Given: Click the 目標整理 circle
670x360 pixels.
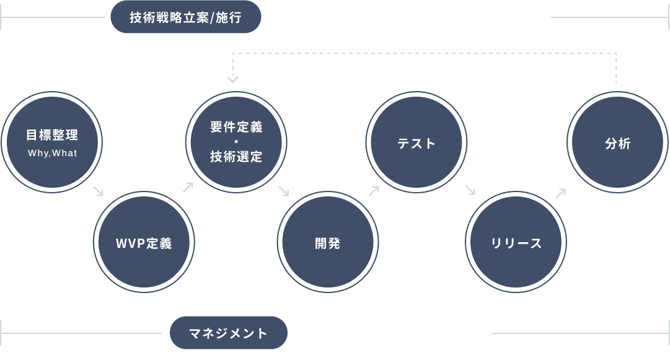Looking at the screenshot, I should (x=52, y=142).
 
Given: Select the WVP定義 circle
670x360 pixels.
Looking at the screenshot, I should (x=144, y=242).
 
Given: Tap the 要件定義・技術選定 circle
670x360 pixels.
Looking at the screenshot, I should (x=236, y=142).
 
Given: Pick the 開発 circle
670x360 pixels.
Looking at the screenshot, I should (x=327, y=242).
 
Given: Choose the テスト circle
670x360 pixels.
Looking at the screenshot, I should (x=416, y=143).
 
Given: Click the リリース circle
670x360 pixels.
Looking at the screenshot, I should (x=516, y=242).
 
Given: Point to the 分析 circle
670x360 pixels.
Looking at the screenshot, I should (x=617, y=143).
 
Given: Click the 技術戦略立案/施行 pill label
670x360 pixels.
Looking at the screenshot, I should (x=186, y=17).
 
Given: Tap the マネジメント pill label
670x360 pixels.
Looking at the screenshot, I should (x=229, y=333).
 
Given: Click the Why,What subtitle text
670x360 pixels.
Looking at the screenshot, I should (x=53, y=153).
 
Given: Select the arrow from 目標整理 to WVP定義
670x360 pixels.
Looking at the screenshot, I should (x=99, y=191).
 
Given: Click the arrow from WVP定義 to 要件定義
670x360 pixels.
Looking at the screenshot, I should (x=188, y=187).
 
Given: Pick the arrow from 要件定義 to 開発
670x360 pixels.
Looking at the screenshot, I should (x=284, y=191).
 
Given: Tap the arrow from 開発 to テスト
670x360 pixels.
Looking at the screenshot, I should (x=373, y=191).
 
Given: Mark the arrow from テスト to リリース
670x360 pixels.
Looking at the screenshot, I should (x=470, y=190).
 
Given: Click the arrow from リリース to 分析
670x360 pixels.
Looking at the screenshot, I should (x=560, y=193).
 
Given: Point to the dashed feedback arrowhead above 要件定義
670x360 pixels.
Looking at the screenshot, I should (x=232, y=79).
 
